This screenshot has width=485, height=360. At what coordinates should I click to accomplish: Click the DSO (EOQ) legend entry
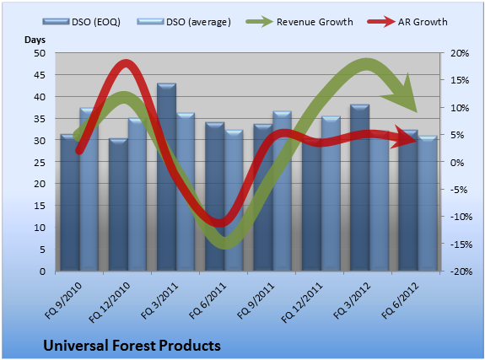[x=82, y=22]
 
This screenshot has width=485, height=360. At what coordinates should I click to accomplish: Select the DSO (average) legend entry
[x=184, y=22]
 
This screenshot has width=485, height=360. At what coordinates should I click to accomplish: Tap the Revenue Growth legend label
[x=315, y=22]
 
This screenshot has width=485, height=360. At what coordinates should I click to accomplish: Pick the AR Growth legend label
[x=423, y=22]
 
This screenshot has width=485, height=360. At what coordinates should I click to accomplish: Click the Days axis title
[x=35, y=40]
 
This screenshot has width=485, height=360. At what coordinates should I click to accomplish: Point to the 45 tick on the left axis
[x=40, y=75]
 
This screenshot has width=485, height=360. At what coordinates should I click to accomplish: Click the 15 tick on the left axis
[x=40, y=206]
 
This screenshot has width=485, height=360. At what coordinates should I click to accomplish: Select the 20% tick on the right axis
[x=460, y=53]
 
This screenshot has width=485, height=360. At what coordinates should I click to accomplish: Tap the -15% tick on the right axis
[x=461, y=244]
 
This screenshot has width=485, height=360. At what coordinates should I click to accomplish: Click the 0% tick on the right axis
[x=457, y=163]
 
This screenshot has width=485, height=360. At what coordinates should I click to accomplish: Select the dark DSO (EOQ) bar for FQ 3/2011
[x=166, y=177]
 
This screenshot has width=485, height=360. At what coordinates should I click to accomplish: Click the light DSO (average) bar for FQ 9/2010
[x=89, y=190]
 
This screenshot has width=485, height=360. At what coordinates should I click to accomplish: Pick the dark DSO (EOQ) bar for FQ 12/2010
[x=118, y=205]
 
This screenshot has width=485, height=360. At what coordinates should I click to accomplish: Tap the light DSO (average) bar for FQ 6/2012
[x=428, y=203]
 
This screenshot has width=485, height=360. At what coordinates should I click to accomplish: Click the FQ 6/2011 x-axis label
[x=207, y=301]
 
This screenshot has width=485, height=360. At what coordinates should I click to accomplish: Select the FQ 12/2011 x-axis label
[x=302, y=303]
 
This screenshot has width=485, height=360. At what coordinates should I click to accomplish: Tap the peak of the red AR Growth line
[x=126, y=62]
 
